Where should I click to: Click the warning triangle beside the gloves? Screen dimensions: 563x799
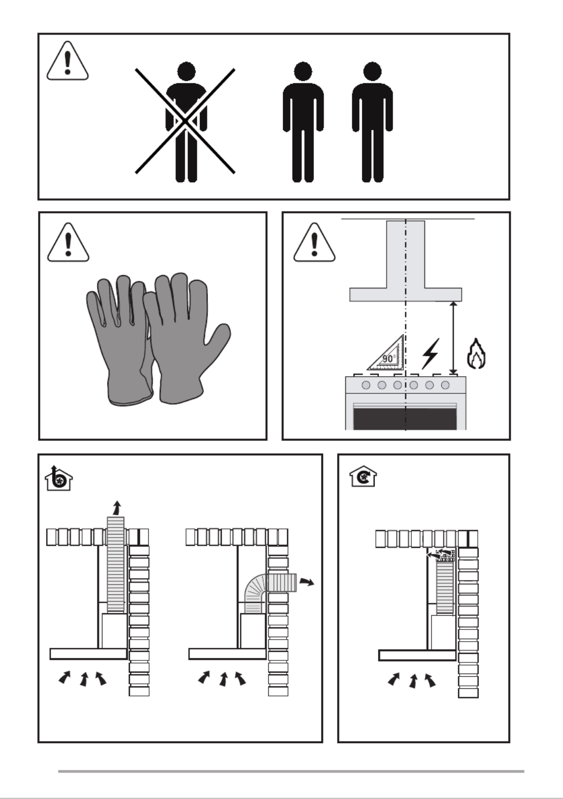68,243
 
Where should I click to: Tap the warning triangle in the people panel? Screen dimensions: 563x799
67,60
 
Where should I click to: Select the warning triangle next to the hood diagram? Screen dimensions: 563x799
314,243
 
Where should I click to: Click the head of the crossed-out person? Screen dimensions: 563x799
186,72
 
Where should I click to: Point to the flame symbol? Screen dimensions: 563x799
476,353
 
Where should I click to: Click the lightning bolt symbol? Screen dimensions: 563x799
430,354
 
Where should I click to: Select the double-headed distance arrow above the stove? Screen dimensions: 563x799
453,338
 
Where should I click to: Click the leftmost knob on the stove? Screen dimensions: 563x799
366,385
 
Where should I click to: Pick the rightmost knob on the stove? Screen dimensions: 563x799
445,385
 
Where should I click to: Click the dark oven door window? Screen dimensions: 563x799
405,419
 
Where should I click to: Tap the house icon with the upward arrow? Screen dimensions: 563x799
59,478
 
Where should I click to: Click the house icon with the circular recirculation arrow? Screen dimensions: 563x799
363,476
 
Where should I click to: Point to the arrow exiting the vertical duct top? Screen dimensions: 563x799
117,508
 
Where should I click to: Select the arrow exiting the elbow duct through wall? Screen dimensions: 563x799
306,582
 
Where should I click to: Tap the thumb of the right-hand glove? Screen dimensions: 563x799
218,339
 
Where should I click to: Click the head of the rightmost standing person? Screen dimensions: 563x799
372,72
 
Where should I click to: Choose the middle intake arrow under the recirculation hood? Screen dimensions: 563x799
413,681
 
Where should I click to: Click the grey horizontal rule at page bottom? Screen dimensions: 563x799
291,771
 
